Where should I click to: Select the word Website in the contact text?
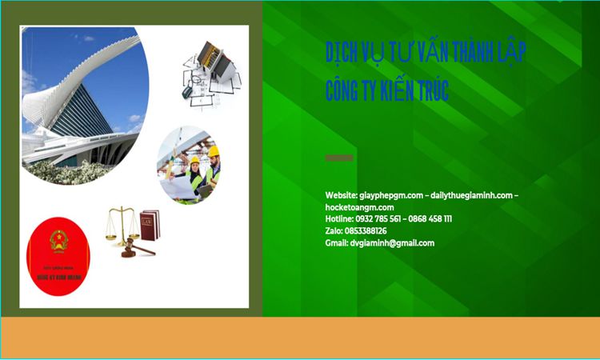point(341,195)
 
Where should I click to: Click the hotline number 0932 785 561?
point(378,219)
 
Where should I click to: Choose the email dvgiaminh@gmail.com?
point(392,243)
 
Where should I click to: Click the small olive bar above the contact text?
point(339,158)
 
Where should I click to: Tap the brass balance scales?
point(121,223)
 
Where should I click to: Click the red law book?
point(150,225)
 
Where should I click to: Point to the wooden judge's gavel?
point(137,249)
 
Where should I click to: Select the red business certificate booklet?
point(58,257)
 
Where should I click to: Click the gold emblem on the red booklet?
point(58,239)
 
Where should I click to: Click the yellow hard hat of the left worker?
point(194,161)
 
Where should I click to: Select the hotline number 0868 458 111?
point(430,219)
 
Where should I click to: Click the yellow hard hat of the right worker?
point(214,151)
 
